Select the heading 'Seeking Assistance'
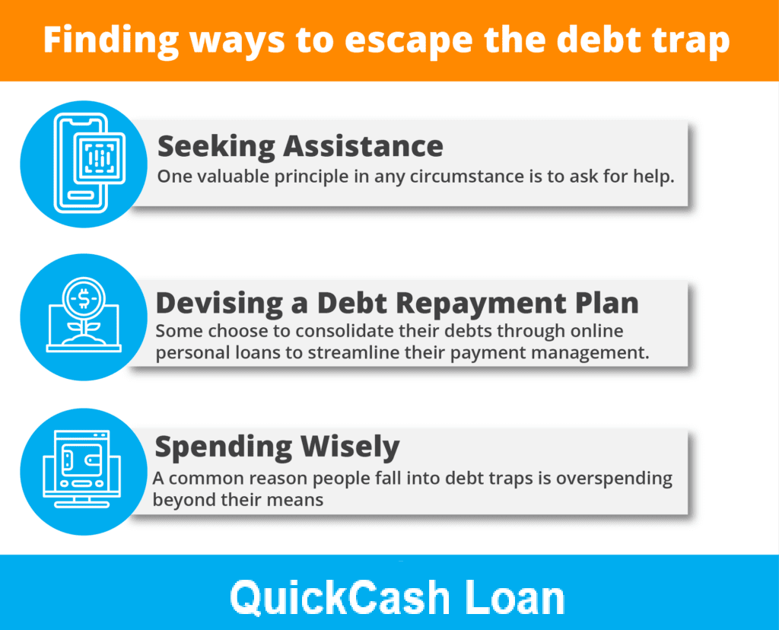(300, 147)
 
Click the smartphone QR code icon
(90, 164)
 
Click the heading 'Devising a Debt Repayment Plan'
(397, 303)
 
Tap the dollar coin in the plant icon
(84, 298)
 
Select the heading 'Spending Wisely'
(277, 447)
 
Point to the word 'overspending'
(614, 479)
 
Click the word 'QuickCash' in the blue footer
(340, 598)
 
